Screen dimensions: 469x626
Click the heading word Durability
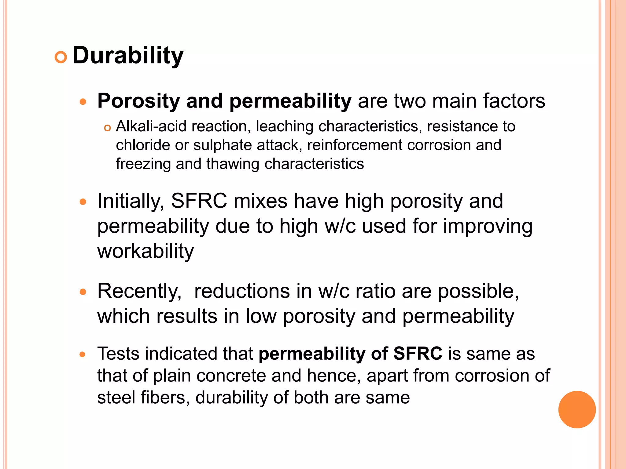(x=128, y=56)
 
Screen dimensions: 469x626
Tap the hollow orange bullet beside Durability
(x=61, y=57)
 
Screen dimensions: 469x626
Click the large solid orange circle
(x=577, y=409)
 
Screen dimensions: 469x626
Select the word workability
(x=145, y=251)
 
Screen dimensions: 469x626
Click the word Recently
(x=139, y=291)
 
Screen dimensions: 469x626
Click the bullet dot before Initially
(x=83, y=202)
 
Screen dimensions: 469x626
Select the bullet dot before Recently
(x=83, y=292)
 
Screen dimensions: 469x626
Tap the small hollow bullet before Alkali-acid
(x=107, y=128)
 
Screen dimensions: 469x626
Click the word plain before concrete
(x=171, y=376)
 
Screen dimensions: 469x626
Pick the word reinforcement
(x=355, y=145)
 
